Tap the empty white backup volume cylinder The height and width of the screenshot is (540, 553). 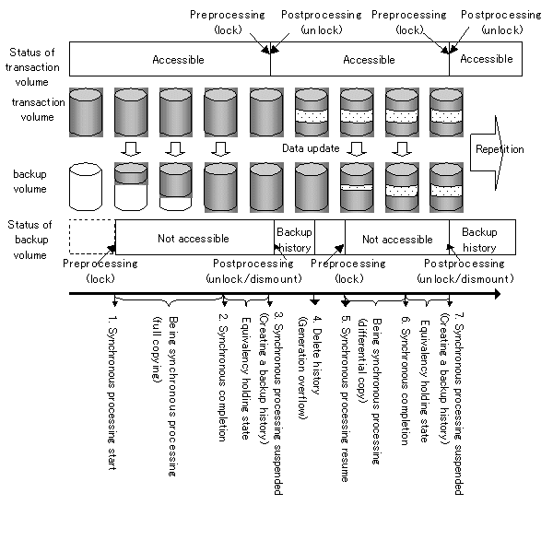click(x=86, y=186)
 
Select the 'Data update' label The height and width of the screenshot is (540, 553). click(x=311, y=148)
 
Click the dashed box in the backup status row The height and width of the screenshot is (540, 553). click(x=92, y=237)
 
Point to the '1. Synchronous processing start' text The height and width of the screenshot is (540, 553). click(x=112, y=393)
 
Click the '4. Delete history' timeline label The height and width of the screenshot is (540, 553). click(x=317, y=355)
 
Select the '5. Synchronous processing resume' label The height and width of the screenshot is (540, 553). click(x=346, y=399)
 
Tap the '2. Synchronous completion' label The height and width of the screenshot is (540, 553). click(x=222, y=378)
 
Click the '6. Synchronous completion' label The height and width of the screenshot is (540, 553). click(x=406, y=381)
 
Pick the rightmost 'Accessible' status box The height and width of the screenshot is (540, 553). click(x=486, y=59)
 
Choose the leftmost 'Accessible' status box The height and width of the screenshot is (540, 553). click(x=170, y=59)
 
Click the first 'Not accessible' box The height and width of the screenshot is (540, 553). click(x=194, y=237)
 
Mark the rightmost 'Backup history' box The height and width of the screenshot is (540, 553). click(x=482, y=237)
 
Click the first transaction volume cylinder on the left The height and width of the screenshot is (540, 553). click(x=86, y=112)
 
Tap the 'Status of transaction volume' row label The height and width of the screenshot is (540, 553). click(x=32, y=67)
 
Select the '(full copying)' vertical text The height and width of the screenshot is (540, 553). click(x=157, y=349)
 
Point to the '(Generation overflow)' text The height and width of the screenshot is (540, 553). click(x=302, y=368)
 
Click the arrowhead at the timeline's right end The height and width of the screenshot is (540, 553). click(x=498, y=293)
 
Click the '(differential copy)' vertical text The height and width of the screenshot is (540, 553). click(x=362, y=360)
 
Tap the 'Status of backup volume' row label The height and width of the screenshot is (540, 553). click(x=29, y=240)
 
